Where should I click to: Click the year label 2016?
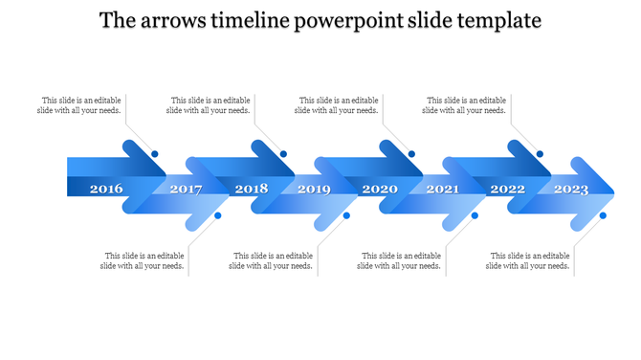point(106,189)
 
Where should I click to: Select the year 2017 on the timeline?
point(186,189)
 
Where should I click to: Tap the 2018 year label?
point(252,189)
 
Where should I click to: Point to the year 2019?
point(314,189)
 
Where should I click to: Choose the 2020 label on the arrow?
point(380,189)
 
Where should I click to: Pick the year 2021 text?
point(442,189)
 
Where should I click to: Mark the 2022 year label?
point(507,189)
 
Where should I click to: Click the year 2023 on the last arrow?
point(571,189)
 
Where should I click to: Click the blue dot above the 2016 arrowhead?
point(155,154)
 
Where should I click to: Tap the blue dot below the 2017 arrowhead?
point(218,215)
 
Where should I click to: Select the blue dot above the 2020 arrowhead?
point(411,154)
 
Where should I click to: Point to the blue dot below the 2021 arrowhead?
point(475,215)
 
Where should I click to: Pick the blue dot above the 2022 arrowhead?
point(540,154)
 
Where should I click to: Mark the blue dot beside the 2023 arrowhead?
point(603,215)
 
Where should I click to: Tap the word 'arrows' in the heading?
point(176,21)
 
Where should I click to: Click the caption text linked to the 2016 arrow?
point(80,104)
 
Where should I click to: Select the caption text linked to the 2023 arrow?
point(529,260)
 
